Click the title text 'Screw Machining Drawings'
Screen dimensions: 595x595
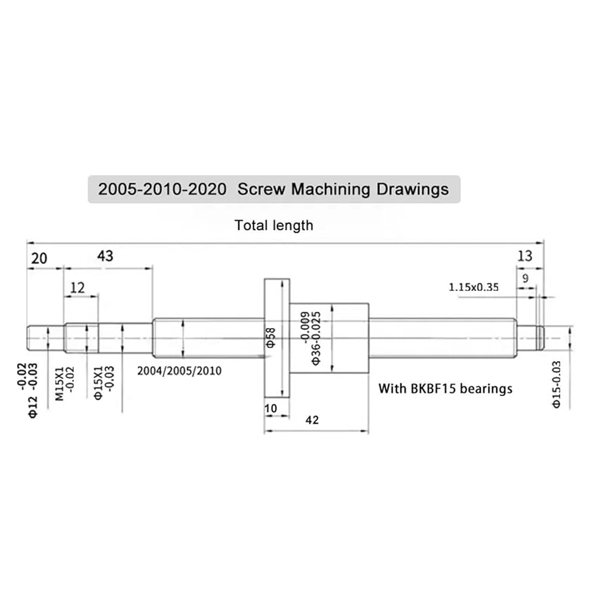(343, 189)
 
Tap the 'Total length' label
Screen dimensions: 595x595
(274, 226)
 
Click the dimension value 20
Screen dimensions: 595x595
(39, 258)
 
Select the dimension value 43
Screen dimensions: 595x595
(105, 256)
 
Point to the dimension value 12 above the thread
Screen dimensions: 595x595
(77, 288)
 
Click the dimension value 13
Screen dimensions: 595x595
(525, 256)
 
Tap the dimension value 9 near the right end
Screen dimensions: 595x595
(525, 278)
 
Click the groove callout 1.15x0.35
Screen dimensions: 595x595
(474, 287)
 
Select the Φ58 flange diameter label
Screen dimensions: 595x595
(271, 338)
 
